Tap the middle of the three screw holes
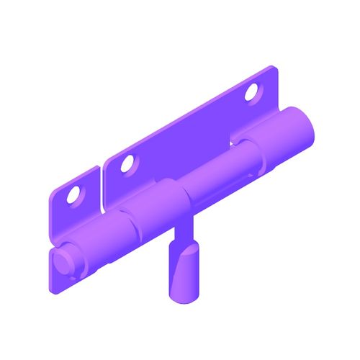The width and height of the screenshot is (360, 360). click(127, 164)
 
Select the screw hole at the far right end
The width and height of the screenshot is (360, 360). click(252, 92)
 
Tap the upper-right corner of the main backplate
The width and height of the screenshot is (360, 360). click(272, 70)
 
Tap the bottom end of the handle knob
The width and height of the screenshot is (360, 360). click(183, 295)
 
